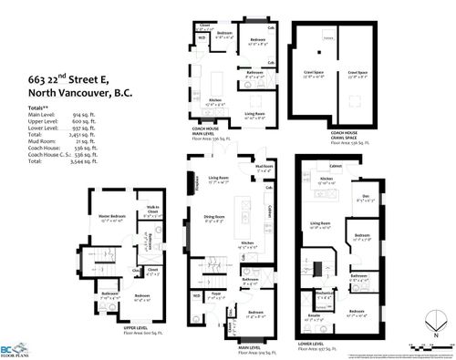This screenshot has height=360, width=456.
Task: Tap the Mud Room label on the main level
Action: [x=264, y=168]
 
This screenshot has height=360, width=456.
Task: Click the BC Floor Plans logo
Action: [x=16, y=345]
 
